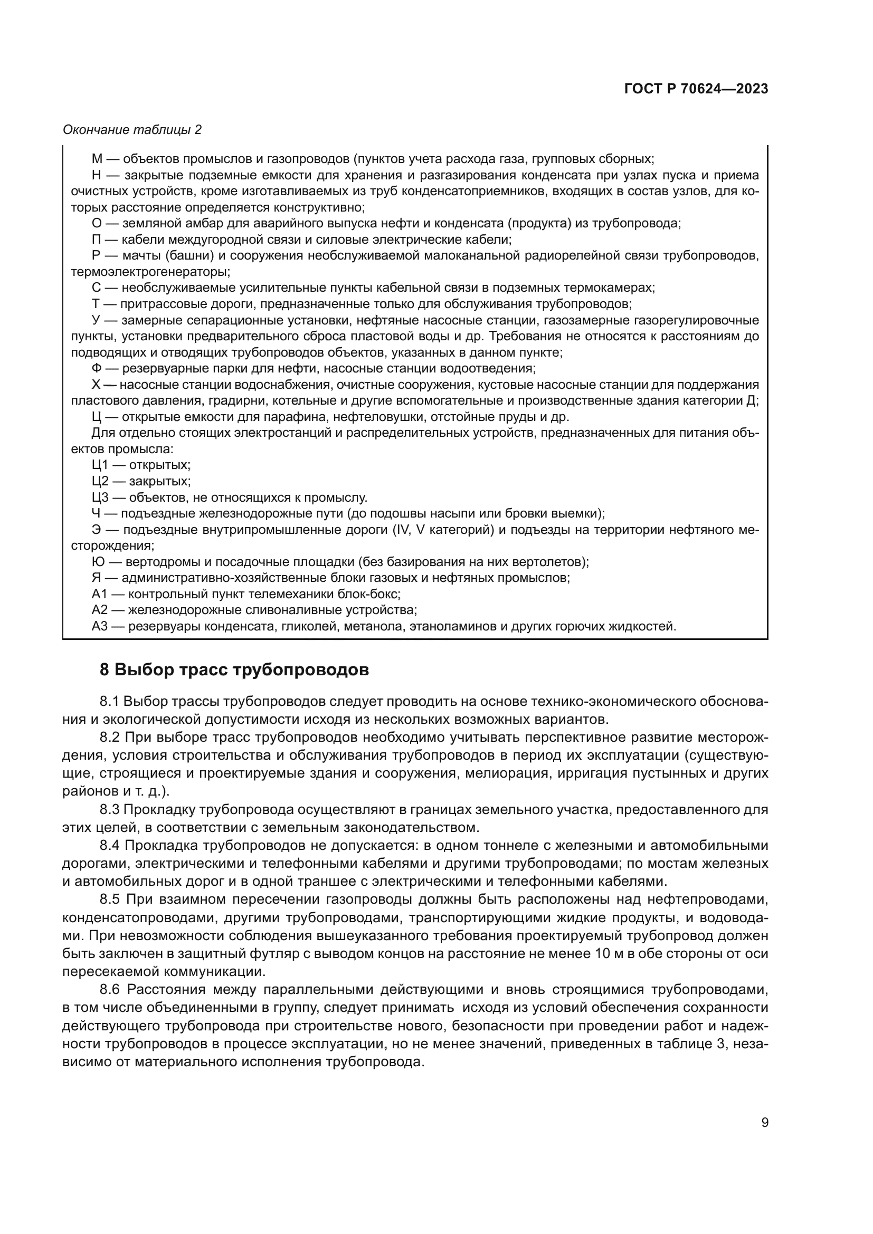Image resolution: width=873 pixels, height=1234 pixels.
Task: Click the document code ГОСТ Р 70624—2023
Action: pyautogui.click(x=696, y=89)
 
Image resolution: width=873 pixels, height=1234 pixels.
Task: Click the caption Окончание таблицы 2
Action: pyautogui.click(x=132, y=130)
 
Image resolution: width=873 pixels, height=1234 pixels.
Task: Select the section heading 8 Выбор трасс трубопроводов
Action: pyautogui.click(x=234, y=669)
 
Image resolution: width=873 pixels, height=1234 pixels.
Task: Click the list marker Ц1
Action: pyautogui.click(x=100, y=465)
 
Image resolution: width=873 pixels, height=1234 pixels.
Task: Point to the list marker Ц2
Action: pyautogui.click(x=100, y=481)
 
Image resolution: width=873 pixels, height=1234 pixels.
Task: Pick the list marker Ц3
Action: pyautogui.click(x=100, y=497)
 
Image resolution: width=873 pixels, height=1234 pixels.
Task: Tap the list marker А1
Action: pyautogui.click(x=100, y=594)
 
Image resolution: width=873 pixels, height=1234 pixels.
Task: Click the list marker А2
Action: pyautogui.click(x=100, y=610)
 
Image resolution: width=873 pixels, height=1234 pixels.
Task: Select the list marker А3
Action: pyautogui.click(x=100, y=626)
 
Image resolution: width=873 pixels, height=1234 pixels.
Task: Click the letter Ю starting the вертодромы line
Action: pyautogui.click(x=98, y=562)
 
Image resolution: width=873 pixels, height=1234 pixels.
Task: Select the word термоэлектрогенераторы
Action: pyautogui.click(x=150, y=272)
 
